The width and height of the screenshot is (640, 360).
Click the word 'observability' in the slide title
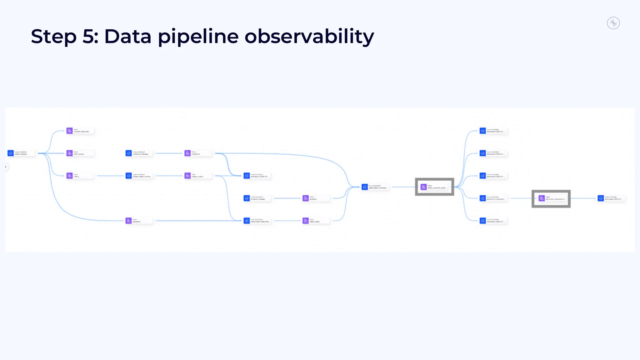click(x=309, y=36)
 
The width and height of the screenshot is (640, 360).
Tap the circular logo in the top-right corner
click(x=613, y=23)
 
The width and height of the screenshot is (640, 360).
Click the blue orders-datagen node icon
click(x=11, y=153)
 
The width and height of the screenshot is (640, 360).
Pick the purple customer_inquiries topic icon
click(x=69, y=131)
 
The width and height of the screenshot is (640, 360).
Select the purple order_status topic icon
click(x=69, y=153)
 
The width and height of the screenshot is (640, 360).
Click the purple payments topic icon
click(x=128, y=221)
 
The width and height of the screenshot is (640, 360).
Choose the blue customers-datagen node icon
click(x=128, y=153)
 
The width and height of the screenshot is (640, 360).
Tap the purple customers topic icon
click(x=187, y=153)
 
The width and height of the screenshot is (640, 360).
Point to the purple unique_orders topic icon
click(x=187, y=176)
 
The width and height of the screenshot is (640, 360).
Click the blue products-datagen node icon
click(x=247, y=198)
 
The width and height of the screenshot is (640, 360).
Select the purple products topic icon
click(x=306, y=198)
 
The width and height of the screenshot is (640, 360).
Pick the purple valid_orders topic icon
click(x=306, y=221)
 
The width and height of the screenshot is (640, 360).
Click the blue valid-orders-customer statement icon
click(x=365, y=187)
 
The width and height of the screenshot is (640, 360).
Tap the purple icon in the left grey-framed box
click(x=424, y=187)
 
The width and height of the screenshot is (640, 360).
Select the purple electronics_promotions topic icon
click(x=542, y=198)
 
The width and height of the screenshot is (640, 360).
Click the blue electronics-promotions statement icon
click(x=483, y=198)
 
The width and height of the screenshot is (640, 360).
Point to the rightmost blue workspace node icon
click(x=601, y=198)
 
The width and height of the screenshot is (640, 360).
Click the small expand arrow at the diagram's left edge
click(x=6, y=167)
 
